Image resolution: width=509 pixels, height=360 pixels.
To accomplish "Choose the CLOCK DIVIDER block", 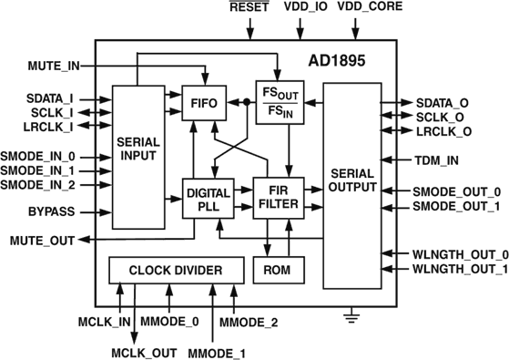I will [177, 271].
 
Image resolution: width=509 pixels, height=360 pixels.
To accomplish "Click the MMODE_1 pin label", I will [215, 352].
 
